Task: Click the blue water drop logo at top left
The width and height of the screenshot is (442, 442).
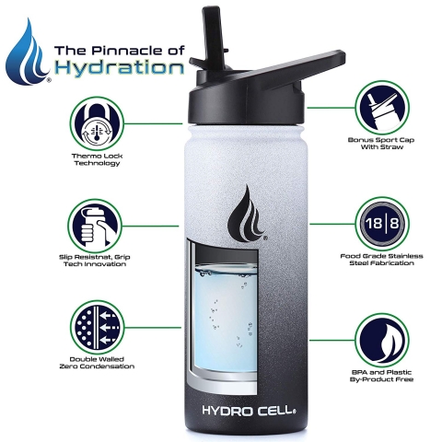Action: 28,52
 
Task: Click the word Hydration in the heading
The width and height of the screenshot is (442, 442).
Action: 118,67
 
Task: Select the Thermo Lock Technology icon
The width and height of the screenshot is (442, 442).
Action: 97,122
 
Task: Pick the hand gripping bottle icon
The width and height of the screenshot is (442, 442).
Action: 97,224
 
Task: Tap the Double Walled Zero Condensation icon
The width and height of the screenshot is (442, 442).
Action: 97,327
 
